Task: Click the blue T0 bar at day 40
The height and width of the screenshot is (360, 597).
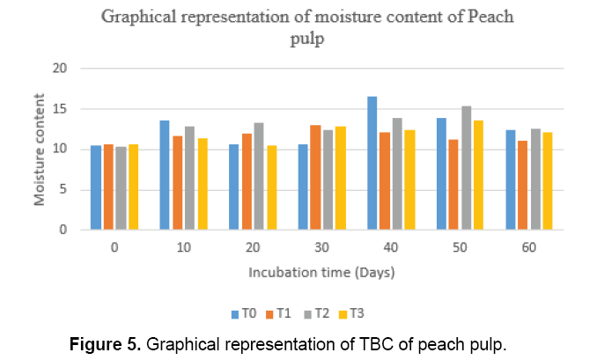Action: pyautogui.click(x=372, y=164)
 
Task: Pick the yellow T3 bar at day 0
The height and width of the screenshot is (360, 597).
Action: pyautogui.click(x=134, y=187)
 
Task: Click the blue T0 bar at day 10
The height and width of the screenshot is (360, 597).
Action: pyautogui.click(x=165, y=175)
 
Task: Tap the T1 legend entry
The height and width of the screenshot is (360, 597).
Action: pyautogui.click(x=280, y=313)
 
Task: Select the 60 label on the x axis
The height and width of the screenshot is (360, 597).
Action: pyautogui.click(x=528, y=249)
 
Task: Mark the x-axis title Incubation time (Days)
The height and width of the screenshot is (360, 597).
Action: pyautogui.click(x=321, y=273)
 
